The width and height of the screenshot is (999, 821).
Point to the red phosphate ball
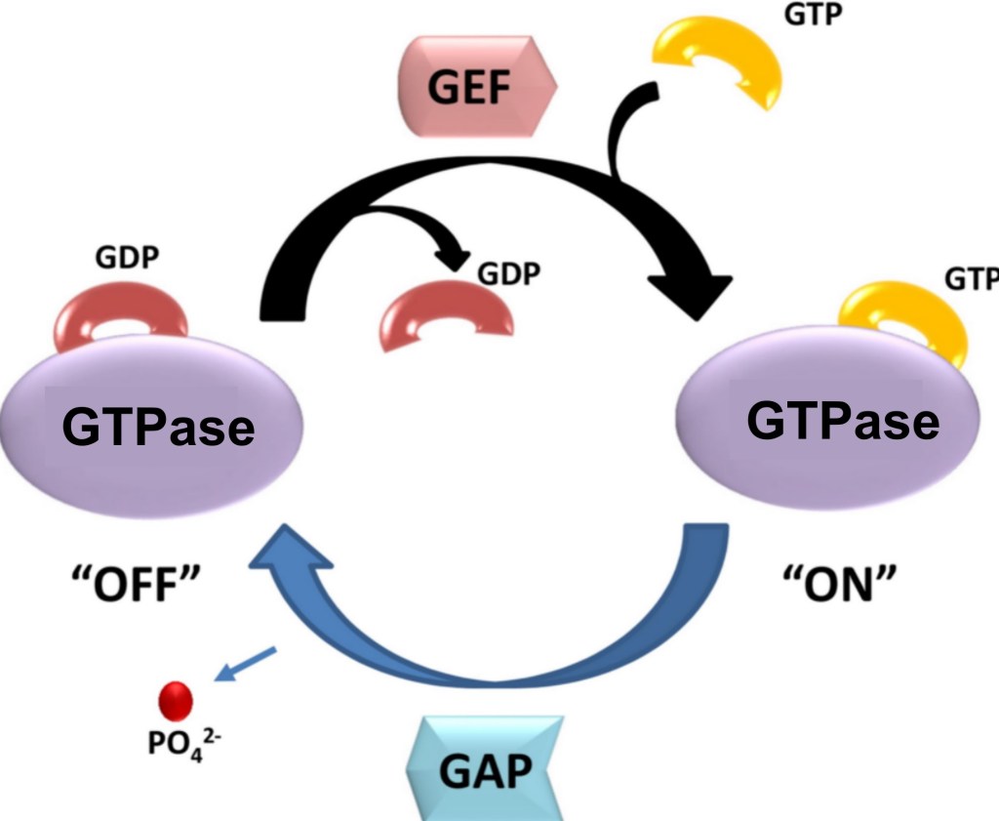pos(176,700)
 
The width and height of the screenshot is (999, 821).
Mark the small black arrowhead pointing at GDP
pos(454,256)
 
